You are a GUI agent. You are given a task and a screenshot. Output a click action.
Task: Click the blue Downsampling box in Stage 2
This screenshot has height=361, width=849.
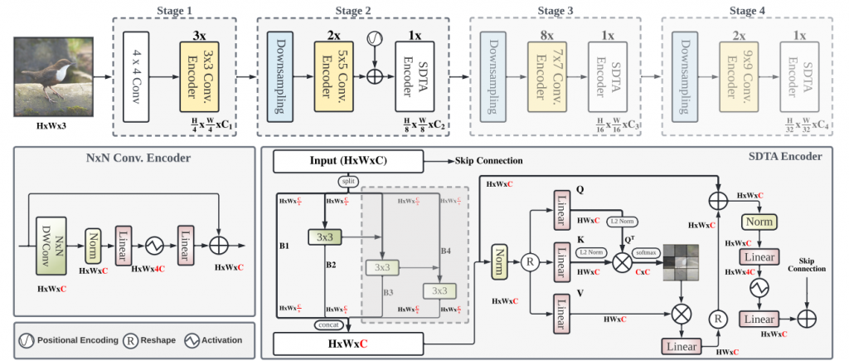click(x=281, y=75)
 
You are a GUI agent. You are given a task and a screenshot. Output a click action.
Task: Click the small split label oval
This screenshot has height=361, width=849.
click(x=347, y=180)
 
